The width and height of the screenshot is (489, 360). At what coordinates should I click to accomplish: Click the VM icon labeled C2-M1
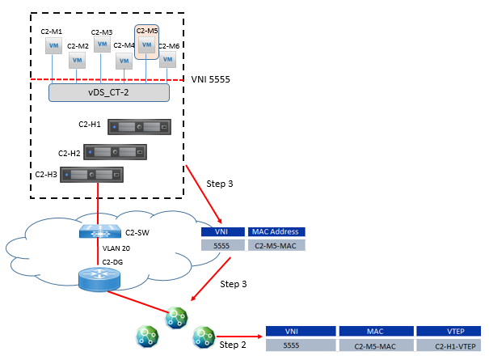click(54, 46)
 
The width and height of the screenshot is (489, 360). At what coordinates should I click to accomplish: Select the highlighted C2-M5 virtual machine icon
click(146, 45)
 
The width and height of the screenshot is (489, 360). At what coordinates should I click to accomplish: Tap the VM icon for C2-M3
click(102, 45)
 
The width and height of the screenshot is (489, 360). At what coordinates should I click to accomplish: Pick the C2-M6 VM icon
click(167, 60)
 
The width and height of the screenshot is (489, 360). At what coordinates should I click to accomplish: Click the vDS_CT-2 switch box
click(108, 92)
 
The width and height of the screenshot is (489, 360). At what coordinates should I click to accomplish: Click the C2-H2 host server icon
click(115, 152)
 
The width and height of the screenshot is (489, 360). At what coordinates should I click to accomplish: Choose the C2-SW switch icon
click(99, 231)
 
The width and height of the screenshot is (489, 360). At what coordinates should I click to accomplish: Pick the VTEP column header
click(447, 331)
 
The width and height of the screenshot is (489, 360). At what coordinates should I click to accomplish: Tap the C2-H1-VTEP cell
click(447, 345)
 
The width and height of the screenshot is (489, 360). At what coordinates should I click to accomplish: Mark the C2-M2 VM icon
click(78, 61)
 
